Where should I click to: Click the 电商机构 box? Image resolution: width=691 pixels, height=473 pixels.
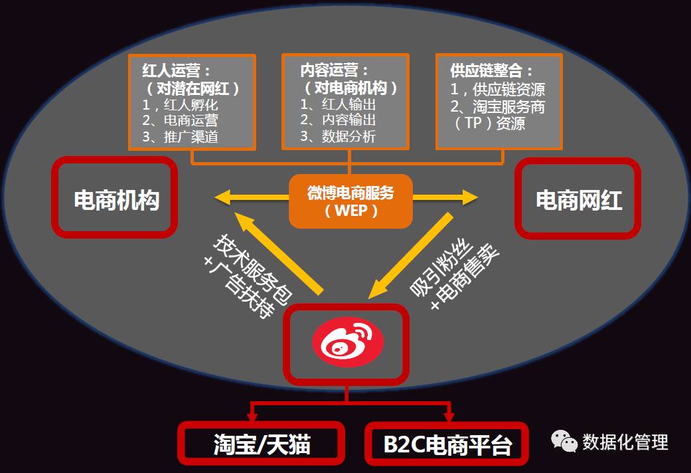[115, 197]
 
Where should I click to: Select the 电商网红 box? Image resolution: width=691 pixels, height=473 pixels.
[577, 198]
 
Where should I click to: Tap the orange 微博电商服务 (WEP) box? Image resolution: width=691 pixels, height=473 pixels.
[350, 201]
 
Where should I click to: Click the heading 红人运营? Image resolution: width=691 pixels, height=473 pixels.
[177, 70]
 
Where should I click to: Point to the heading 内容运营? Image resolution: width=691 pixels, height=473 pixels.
[334, 70]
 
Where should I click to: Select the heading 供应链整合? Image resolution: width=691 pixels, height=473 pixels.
[492, 70]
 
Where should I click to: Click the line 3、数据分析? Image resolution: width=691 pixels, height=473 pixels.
[338, 137]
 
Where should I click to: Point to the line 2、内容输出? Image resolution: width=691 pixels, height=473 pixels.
[338, 120]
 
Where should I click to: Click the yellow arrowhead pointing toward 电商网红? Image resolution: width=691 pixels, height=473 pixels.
[470, 197]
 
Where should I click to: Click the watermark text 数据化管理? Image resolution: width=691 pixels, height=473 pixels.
[625, 442]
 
